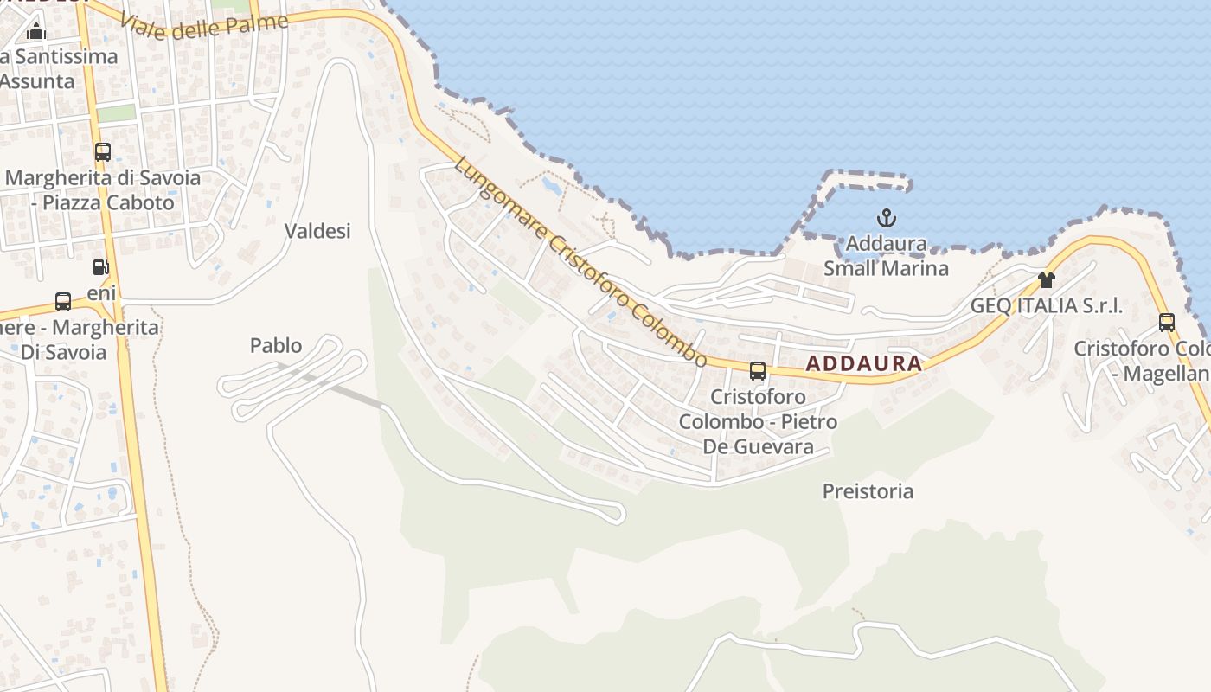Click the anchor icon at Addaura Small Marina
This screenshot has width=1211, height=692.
[886, 218]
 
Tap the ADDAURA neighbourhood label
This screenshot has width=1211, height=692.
[863, 363]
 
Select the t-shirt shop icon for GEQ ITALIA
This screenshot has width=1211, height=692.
[1047, 279]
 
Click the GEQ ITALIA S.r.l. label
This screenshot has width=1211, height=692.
[1047, 305]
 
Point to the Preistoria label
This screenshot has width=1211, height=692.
[868, 491]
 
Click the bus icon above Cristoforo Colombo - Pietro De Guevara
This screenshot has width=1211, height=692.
[758, 371]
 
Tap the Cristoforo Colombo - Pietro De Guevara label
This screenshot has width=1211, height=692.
[758, 421]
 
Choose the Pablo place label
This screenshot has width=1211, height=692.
[276, 346]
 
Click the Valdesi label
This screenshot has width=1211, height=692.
[317, 231]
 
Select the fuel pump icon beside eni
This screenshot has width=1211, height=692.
[101, 268]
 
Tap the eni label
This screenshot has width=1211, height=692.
[101, 293]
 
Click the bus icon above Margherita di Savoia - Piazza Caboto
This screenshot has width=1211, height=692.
[103, 152]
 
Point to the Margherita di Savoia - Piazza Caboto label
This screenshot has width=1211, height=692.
[103, 190]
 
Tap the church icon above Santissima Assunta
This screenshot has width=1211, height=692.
[36, 33]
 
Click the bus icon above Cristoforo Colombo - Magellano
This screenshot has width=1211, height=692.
[1167, 323]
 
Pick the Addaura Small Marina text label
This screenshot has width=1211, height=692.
[886, 256]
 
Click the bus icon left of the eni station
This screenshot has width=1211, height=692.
[63, 302]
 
